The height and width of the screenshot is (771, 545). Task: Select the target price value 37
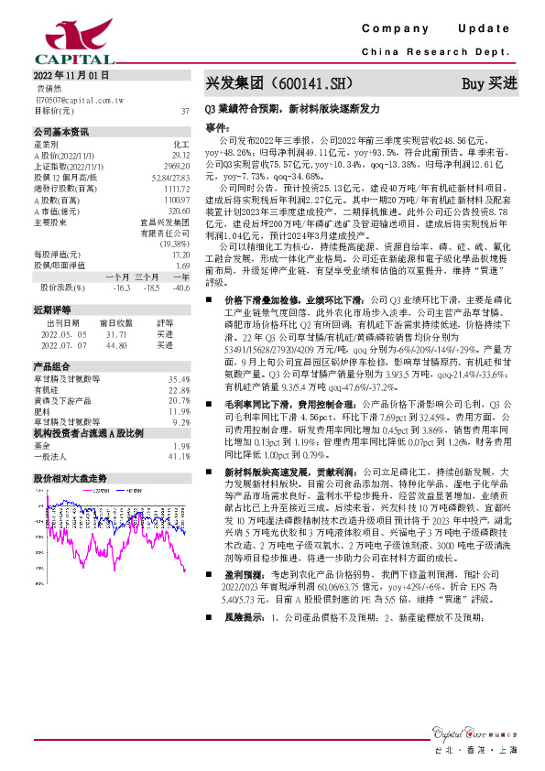click(185, 110)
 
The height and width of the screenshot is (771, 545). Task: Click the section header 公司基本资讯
click(61, 132)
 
